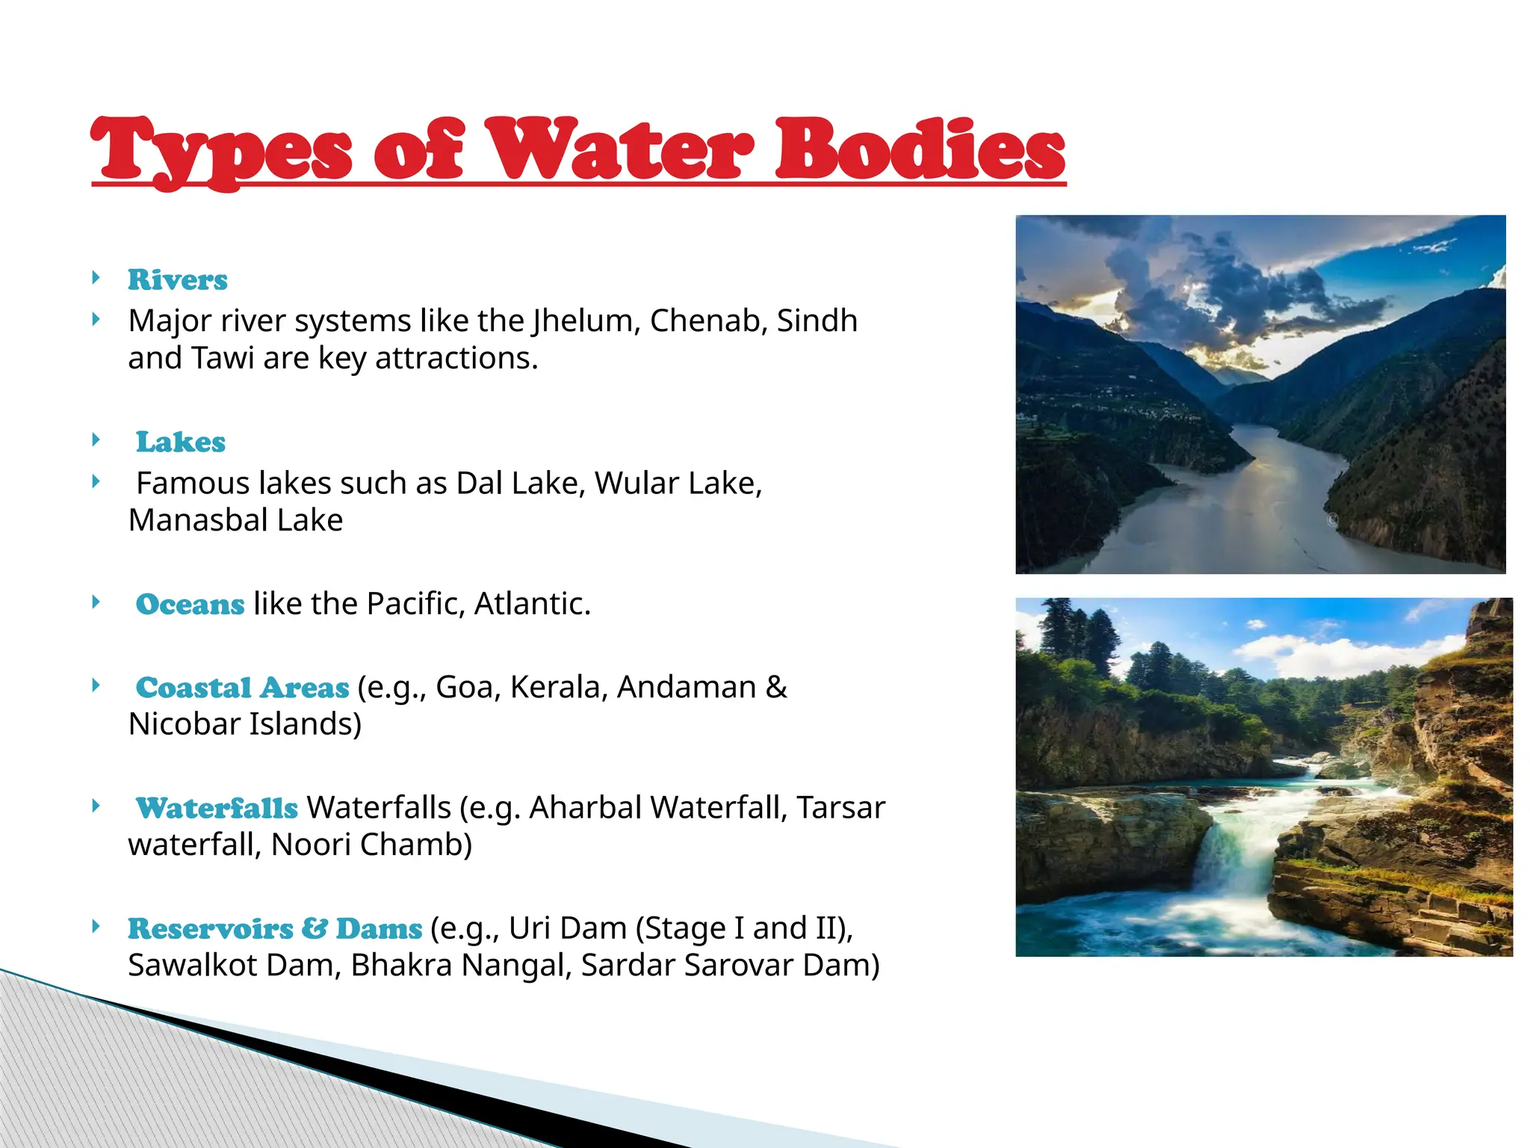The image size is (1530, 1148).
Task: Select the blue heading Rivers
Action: tap(177, 280)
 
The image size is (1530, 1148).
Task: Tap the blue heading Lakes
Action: tap(180, 442)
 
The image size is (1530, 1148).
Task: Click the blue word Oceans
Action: tap(190, 604)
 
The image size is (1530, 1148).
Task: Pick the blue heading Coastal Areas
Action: tap(242, 688)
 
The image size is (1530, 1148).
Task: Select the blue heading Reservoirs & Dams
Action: tap(275, 928)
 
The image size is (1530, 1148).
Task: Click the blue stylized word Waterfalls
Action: tap(217, 808)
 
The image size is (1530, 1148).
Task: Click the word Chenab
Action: tap(708, 321)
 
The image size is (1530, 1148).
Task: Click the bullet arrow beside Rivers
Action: tap(96, 278)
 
